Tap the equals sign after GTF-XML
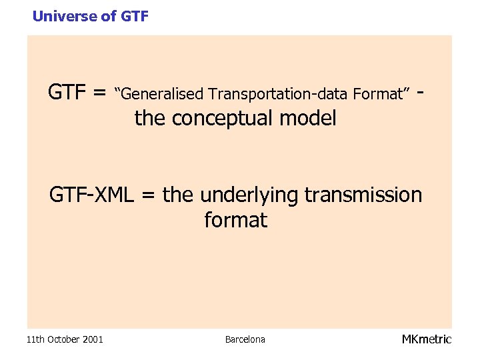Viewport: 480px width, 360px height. pyautogui.click(x=149, y=196)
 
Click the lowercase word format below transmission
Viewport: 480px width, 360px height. pyautogui.click(x=235, y=220)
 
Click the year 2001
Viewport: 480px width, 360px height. pyautogui.click(x=93, y=339)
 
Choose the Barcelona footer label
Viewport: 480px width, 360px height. pyautogui.click(x=245, y=339)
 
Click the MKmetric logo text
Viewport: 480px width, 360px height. pyautogui.click(x=426, y=339)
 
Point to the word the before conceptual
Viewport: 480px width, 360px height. pyautogui.click(x=150, y=119)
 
